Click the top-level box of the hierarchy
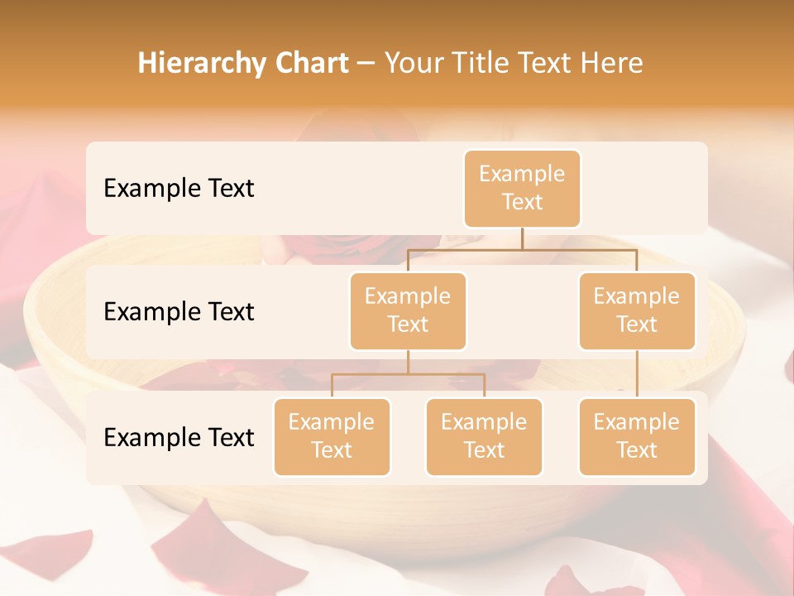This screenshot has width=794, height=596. [x=522, y=188]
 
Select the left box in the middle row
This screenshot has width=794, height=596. [x=408, y=310]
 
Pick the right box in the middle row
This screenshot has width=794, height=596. [x=637, y=310]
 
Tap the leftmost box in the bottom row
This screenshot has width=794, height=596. [x=332, y=436]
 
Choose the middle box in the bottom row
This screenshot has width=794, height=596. [x=484, y=436]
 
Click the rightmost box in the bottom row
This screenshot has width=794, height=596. [x=637, y=436]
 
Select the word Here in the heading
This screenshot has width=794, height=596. [x=612, y=63]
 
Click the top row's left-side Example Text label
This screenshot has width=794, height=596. [x=179, y=188]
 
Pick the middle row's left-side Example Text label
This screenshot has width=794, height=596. [x=179, y=311]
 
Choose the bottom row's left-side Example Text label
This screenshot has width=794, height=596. [x=179, y=437]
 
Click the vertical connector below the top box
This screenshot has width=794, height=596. [x=522, y=238]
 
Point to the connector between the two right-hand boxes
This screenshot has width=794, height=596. [x=637, y=374]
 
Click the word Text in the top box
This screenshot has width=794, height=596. [x=522, y=202]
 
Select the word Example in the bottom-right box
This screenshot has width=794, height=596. [x=637, y=422]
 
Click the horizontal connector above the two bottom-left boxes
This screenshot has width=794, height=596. [x=408, y=374]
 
